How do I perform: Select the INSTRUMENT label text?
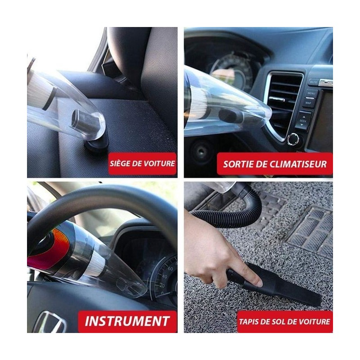pyautogui.click(x=127, y=321)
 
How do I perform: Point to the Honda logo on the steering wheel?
pyautogui.click(x=50, y=322)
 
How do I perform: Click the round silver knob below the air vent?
pyautogui.click(x=293, y=139)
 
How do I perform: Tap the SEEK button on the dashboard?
pyautogui.click(x=303, y=121)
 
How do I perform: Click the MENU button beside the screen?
pyautogui.click(x=311, y=93)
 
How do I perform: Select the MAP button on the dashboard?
pyautogui.click(x=308, y=103)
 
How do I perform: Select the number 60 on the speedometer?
pyautogui.click(x=170, y=269)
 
